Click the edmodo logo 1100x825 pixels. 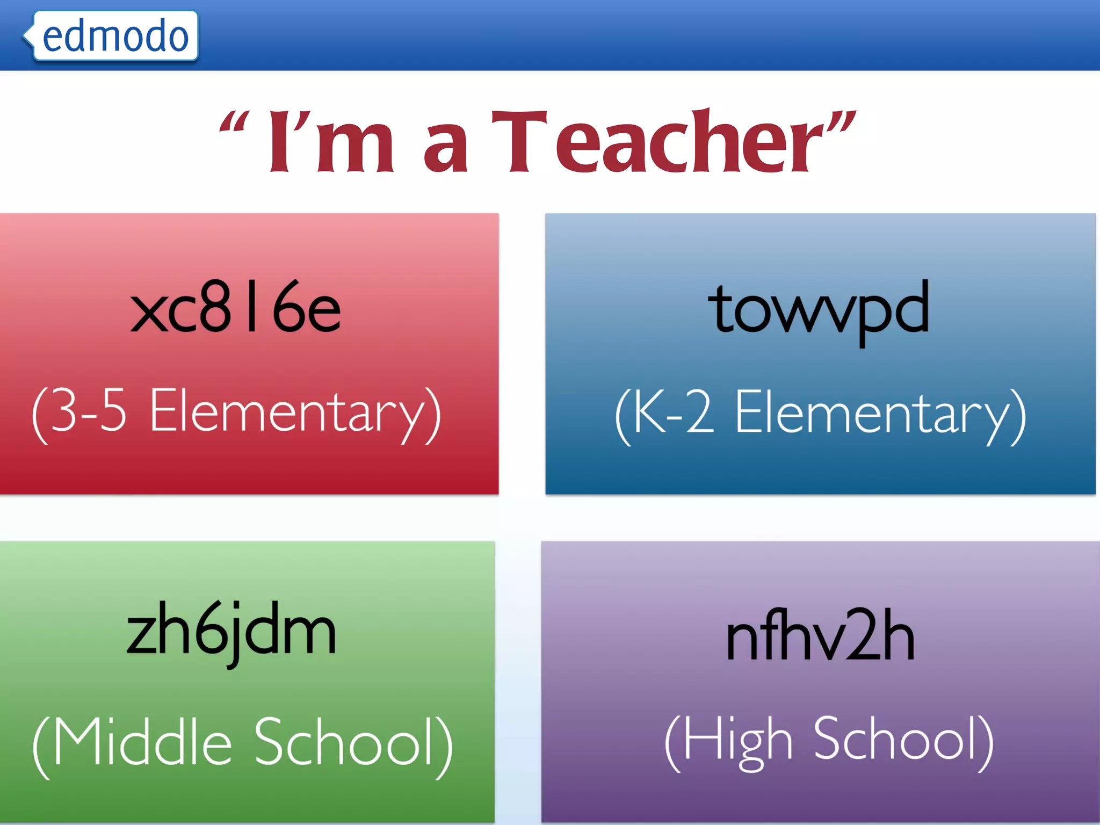click(x=115, y=36)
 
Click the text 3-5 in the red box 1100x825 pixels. click(x=89, y=411)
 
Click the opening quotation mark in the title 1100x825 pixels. click(x=234, y=123)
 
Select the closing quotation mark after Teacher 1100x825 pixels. click(x=841, y=122)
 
